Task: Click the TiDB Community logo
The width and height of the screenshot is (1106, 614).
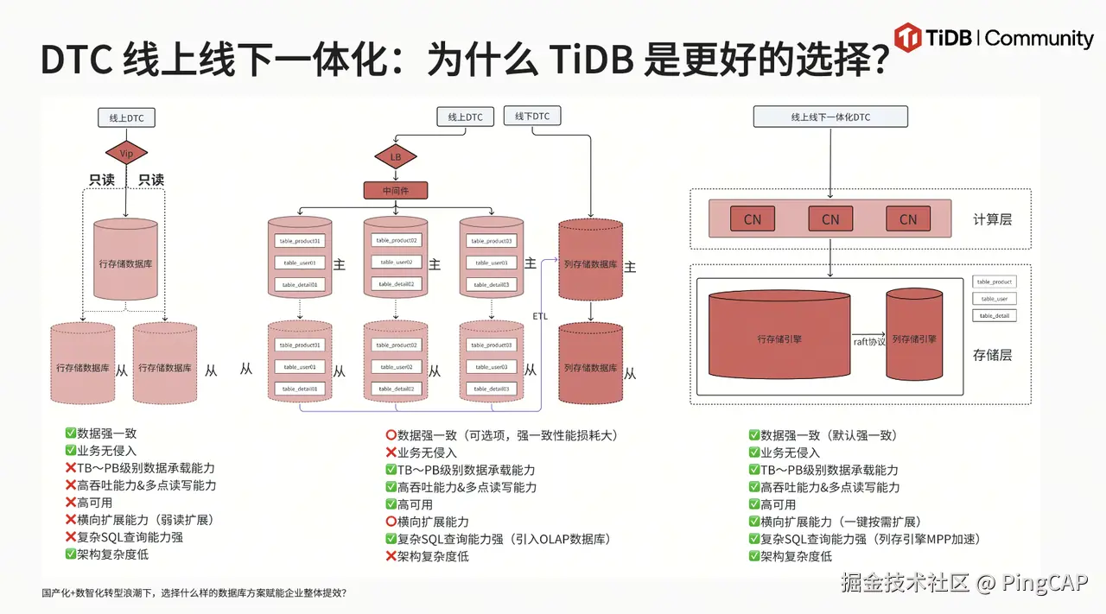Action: [994, 39]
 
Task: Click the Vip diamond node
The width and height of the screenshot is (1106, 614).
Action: [126, 154]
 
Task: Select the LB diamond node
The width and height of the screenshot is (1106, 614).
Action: [396, 157]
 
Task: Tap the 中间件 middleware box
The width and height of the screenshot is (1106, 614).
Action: [396, 191]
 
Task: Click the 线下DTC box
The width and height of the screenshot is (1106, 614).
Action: [532, 116]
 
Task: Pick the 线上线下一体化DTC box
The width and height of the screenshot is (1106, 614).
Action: [830, 117]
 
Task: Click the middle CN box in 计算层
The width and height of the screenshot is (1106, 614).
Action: [830, 219]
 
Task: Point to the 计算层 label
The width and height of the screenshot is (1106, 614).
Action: [992, 219]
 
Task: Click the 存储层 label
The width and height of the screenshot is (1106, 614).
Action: [992, 354]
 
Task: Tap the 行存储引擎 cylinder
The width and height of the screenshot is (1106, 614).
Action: [779, 339]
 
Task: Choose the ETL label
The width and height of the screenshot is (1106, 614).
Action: [539, 316]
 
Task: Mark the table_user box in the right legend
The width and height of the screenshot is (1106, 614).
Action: [994, 299]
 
